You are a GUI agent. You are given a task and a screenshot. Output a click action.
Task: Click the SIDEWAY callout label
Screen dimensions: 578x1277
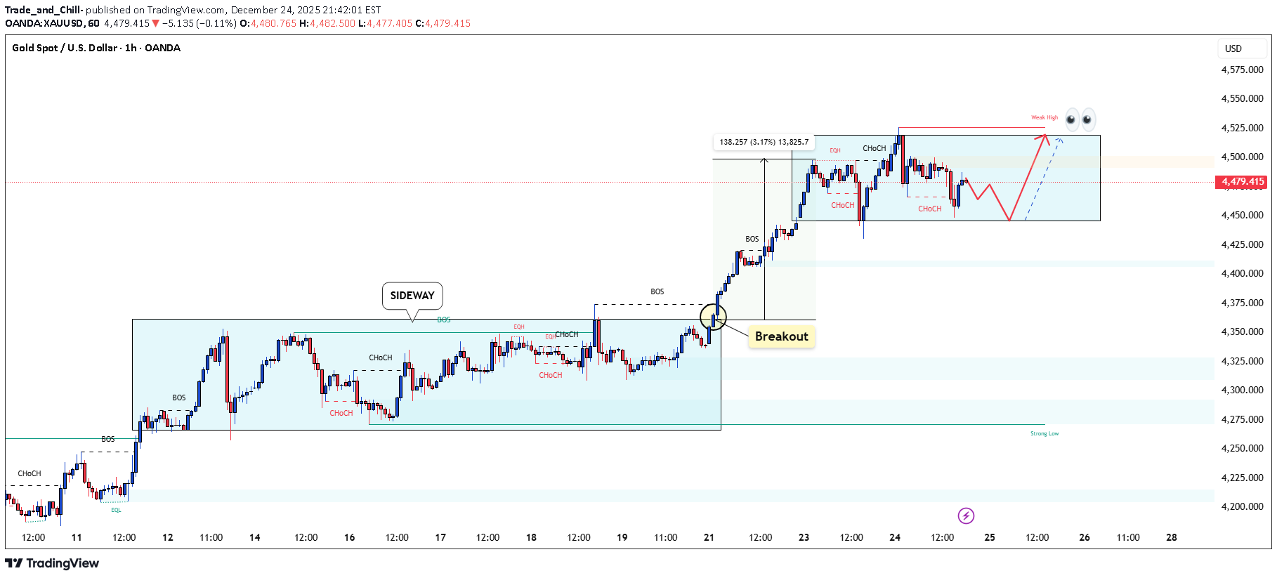[x=412, y=296]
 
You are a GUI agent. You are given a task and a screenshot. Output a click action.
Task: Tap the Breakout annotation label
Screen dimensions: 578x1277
[x=781, y=336]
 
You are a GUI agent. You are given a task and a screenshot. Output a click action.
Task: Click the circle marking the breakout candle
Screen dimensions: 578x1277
[x=713, y=317]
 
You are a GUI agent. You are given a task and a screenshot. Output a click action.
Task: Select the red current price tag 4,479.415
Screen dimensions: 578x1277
[x=1243, y=182]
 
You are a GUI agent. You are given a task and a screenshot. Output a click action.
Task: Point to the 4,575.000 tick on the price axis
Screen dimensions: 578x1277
[x=1242, y=70]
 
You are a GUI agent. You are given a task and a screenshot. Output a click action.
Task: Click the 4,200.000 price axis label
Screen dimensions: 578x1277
[x=1242, y=506]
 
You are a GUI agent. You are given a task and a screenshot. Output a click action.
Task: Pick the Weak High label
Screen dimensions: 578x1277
[x=1044, y=118]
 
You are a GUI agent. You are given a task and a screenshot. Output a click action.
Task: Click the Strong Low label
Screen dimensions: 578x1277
[x=1044, y=434]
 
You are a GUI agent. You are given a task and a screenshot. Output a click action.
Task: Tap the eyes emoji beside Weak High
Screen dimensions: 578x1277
[x=1080, y=119]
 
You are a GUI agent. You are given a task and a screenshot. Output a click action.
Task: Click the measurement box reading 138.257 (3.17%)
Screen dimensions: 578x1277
[x=764, y=142]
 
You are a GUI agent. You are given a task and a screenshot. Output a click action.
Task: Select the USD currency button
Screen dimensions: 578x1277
[x=1233, y=48]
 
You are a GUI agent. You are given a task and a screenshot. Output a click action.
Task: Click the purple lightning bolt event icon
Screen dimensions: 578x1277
[x=966, y=516]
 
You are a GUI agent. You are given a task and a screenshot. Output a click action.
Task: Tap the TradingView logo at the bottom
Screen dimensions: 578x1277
[x=52, y=563]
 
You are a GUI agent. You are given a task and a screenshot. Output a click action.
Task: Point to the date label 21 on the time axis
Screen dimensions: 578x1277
[x=709, y=537]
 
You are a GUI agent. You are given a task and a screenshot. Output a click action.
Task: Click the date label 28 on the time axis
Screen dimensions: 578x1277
[x=1172, y=537]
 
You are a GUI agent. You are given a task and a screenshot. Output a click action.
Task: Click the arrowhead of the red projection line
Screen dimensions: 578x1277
[x=1045, y=137]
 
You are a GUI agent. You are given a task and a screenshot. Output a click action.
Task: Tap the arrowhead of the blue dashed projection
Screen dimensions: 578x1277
[x=1060, y=140]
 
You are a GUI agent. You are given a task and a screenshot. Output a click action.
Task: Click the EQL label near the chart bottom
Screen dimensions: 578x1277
[x=116, y=510]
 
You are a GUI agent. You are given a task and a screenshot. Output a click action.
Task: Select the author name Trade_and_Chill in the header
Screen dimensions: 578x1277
[x=44, y=10]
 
